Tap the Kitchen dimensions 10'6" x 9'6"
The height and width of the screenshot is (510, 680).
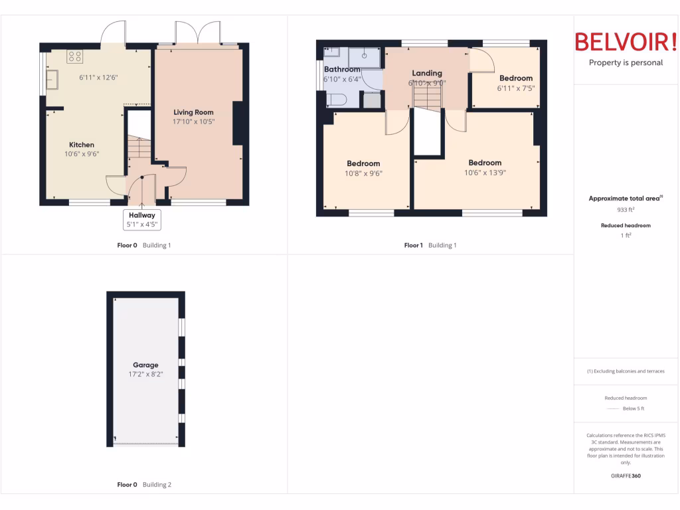click(x=82, y=154)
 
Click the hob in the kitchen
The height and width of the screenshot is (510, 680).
click(x=74, y=57)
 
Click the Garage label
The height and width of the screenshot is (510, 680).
click(x=145, y=365)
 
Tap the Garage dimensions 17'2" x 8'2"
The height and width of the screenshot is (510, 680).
click(x=145, y=375)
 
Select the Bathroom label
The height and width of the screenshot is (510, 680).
click(x=342, y=69)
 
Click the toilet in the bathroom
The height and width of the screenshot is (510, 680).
click(x=337, y=100)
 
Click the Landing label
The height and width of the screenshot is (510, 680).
click(x=426, y=73)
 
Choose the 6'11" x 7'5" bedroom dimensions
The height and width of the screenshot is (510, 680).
click(x=516, y=88)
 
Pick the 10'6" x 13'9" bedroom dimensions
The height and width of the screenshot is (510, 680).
click(x=485, y=173)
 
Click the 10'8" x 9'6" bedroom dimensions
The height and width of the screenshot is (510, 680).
click(x=363, y=173)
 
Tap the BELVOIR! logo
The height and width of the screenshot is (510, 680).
click(x=626, y=42)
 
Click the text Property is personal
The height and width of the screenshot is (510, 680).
click(x=626, y=63)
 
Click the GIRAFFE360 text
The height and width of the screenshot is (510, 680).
click(x=626, y=475)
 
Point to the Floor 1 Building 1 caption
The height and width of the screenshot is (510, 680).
click(x=430, y=245)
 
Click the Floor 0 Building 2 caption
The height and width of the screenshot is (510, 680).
click(x=144, y=485)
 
